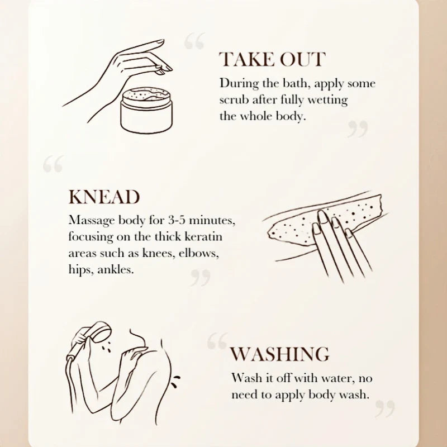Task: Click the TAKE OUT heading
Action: pos(272,59)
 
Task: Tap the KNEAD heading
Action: pos(104,197)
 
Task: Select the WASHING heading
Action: pos(279,354)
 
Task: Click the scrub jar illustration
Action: pos(146,110)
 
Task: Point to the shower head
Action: pos(101,332)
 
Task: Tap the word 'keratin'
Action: pos(203,236)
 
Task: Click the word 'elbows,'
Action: pos(199,253)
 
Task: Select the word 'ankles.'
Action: pos(116,269)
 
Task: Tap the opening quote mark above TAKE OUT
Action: pos(194,41)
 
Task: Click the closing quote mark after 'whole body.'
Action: pos(358,129)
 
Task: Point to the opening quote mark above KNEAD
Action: pos(53,164)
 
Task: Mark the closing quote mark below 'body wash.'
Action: pos(385,409)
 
